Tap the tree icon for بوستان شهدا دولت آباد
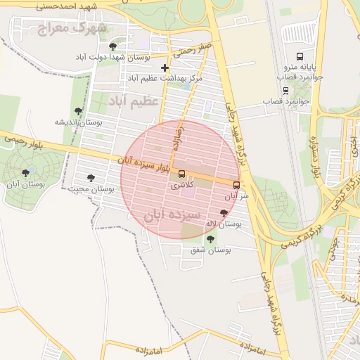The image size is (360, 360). [113, 46]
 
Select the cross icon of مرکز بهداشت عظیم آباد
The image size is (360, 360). [165, 68]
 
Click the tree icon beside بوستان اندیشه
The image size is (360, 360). [78, 111]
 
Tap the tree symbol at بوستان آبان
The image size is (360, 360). [26, 172]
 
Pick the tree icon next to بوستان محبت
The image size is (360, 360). [90, 178]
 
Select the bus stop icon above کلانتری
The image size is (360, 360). [182, 174]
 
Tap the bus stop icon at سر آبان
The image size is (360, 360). [236, 186]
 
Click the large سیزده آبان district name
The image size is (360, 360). [173, 214]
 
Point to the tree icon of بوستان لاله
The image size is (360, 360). [224, 212]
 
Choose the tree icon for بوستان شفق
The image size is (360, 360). [210, 239]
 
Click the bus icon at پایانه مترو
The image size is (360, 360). [300, 56]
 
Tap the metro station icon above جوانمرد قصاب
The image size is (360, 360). [285, 90]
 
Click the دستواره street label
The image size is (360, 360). [314, 157]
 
